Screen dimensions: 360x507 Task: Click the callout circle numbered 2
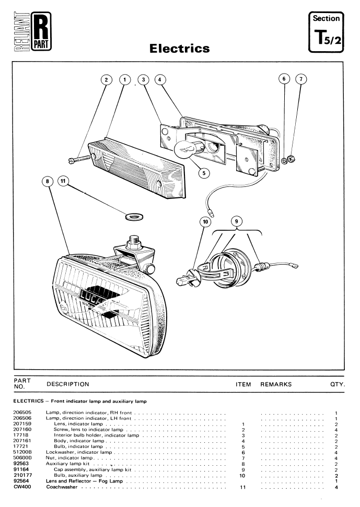pyautogui.click(x=107, y=79)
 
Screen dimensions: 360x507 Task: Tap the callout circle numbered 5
pyautogui.click(x=204, y=173)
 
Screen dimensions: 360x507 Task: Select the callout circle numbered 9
pyautogui.click(x=237, y=221)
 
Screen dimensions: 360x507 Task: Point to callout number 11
pyautogui.click(x=63, y=181)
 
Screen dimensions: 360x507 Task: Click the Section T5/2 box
pyautogui.click(x=326, y=32)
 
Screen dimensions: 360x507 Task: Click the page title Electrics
pyautogui.click(x=180, y=48)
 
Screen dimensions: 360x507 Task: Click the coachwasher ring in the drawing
pyautogui.click(x=134, y=216)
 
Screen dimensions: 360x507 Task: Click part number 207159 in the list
pyautogui.click(x=22, y=423)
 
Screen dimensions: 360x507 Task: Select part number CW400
pyautogui.click(x=22, y=487)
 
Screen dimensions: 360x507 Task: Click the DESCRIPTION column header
pyautogui.click(x=68, y=384)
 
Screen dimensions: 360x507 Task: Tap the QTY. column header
pyautogui.click(x=338, y=384)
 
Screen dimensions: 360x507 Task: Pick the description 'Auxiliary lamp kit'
pyautogui.click(x=67, y=464)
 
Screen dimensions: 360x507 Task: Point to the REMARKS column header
pyautogui.click(x=276, y=384)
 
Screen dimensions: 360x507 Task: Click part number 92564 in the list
pyautogui.click(x=21, y=481)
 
